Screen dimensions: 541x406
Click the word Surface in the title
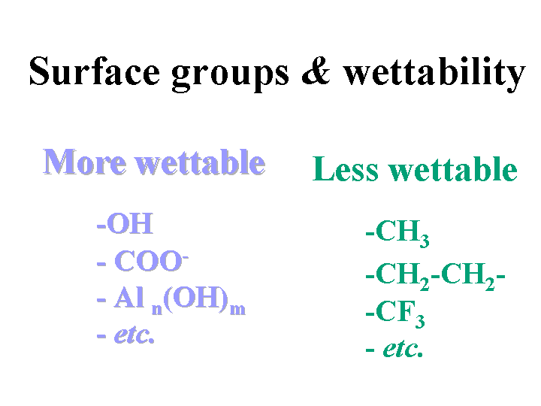(x=95, y=71)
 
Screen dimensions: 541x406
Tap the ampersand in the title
(x=316, y=71)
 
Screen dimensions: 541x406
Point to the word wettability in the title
(x=434, y=74)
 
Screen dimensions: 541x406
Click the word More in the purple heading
(x=84, y=162)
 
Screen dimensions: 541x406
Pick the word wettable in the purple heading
(x=200, y=162)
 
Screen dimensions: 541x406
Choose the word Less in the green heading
(x=346, y=168)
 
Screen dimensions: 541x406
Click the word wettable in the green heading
(x=453, y=168)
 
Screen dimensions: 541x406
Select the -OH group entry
(x=125, y=224)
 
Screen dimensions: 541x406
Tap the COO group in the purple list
(x=148, y=261)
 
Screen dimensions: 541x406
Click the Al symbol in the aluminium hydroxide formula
(x=128, y=297)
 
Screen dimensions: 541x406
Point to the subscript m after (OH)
(x=237, y=309)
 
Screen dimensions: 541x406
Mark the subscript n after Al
(x=157, y=309)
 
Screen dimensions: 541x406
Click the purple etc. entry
(x=125, y=335)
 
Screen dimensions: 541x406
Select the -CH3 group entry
(x=397, y=233)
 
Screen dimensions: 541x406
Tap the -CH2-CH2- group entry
(x=435, y=276)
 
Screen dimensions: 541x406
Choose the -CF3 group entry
(x=395, y=314)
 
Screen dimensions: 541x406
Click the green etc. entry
(x=394, y=349)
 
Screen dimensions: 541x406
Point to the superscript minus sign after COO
(x=186, y=257)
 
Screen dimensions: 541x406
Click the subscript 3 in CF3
(x=420, y=322)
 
